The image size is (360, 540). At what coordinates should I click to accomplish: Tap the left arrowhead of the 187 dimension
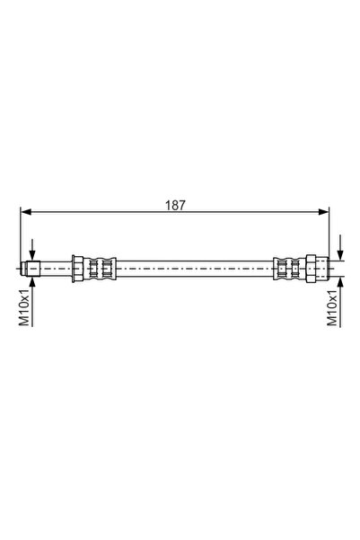[x=25, y=213]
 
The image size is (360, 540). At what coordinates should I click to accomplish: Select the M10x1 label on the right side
[x=331, y=308]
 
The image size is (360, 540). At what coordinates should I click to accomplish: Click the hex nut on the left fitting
[x=79, y=267]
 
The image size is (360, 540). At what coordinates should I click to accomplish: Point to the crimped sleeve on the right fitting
[x=289, y=267]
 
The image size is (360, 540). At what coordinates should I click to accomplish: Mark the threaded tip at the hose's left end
[x=31, y=267]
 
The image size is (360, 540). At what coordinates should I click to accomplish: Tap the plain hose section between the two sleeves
[x=194, y=267]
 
